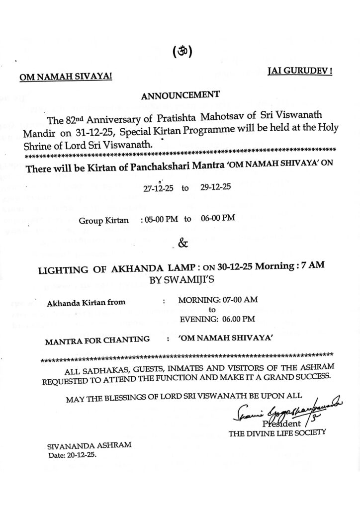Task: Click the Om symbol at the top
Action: click(182, 52)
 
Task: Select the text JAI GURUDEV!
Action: click(300, 71)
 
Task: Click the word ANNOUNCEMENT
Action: click(180, 95)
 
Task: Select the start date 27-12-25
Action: click(158, 189)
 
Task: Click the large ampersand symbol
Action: click(182, 244)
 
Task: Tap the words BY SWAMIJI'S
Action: click(181, 280)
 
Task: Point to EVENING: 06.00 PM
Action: click(217, 319)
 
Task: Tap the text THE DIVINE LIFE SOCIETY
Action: click(277, 433)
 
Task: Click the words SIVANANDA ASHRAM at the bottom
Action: click(89, 446)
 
